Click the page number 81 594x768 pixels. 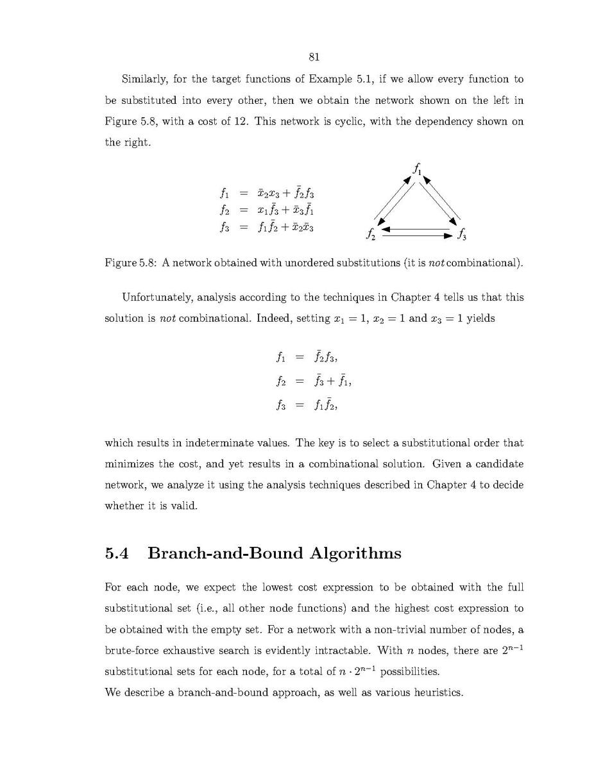[x=314, y=57]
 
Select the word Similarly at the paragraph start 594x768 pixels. [x=142, y=80]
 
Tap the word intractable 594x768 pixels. [x=344, y=651]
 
